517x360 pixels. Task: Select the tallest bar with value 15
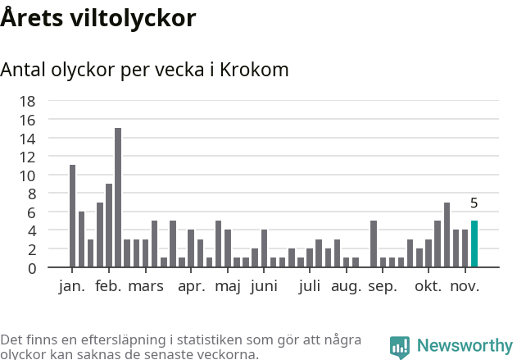[118, 198]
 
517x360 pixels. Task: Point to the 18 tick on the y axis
[27, 101]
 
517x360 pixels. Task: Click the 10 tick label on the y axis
[27, 175]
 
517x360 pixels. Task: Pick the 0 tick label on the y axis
[31, 268]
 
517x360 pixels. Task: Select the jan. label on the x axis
[72, 286]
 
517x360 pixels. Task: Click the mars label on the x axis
[145, 286]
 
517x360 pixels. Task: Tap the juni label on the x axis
[264, 286]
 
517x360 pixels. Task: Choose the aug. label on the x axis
[346, 286]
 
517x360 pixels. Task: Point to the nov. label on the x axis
[465, 286]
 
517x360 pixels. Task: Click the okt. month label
[428, 286]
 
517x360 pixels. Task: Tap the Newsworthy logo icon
[400, 346]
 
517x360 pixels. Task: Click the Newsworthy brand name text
[464, 346]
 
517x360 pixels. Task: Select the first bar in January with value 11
[72, 216]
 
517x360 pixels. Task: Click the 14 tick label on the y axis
[27, 139]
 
